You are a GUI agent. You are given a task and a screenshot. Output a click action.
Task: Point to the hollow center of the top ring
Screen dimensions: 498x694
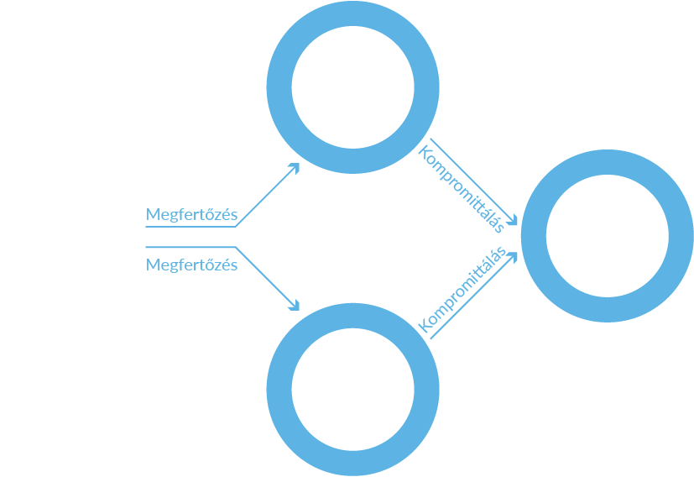[x=353, y=87]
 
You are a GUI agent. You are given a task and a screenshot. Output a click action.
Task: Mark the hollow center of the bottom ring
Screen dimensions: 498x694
[x=353, y=390]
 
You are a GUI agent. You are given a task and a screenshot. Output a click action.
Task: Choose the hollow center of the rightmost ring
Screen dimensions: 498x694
[x=608, y=236]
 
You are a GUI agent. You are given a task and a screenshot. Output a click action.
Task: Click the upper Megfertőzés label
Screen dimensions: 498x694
[x=191, y=214]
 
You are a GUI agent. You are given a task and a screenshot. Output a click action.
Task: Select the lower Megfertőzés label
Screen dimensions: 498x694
[x=191, y=265]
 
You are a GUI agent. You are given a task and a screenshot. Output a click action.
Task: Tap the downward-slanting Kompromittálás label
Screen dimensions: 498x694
[x=461, y=190]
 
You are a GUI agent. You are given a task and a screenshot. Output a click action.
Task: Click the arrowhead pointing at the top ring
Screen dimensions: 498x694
[x=295, y=167]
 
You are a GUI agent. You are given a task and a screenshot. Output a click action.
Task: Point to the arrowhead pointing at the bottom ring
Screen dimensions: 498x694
[x=295, y=307]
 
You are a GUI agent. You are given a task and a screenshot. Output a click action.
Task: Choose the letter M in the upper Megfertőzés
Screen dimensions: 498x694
[x=153, y=214]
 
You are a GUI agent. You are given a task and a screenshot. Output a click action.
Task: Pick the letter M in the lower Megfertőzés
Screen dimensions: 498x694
[x=153, y=265]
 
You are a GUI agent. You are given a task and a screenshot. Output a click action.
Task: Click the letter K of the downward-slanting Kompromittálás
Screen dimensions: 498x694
[x=425, y=153]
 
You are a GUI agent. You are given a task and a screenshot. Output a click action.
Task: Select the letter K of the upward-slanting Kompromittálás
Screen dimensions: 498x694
[x=425, y=328]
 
